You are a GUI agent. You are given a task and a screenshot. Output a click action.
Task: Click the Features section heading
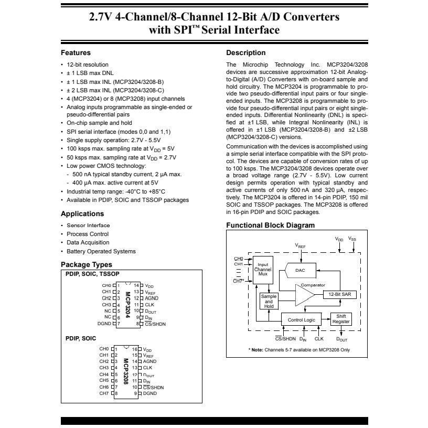point(76,52)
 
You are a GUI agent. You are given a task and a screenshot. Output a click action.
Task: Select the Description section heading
point(245,52)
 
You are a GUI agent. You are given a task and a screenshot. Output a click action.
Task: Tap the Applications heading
point(82,214)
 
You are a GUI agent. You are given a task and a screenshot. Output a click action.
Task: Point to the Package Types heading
point(87,264)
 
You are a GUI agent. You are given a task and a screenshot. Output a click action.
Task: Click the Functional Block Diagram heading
point(270,226)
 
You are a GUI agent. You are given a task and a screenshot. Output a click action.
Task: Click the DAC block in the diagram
point(300,270)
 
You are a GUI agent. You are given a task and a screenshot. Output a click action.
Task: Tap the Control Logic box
point(302,319)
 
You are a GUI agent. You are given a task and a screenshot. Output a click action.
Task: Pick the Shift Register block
point(341,319)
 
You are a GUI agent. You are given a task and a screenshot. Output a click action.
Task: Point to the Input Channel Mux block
point(263,269)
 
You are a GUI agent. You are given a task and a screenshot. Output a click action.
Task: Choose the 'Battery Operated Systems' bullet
point(101,251)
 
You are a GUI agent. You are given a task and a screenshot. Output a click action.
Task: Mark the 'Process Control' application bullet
point(88,234)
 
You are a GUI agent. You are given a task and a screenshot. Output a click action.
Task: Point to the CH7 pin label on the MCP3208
point(104,393)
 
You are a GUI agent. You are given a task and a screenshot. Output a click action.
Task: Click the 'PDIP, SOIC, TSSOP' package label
point(92,274)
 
